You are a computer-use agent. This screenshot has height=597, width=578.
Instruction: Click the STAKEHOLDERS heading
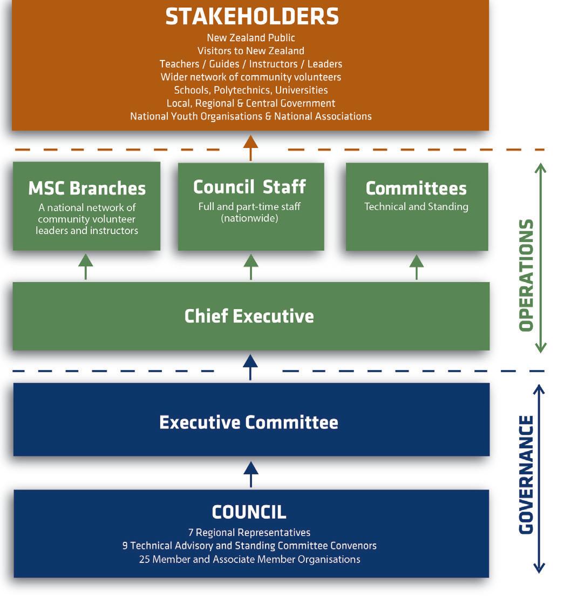point(251,17)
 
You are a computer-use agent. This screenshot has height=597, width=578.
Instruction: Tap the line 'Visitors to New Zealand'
point(251,51)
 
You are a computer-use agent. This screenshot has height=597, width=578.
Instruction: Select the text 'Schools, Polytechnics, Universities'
point(251,90)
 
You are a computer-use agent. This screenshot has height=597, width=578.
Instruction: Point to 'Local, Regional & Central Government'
point(251,103)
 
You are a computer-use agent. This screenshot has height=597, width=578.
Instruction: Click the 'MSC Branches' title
point(87,189)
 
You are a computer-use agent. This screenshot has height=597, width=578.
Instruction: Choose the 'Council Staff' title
point(250,187)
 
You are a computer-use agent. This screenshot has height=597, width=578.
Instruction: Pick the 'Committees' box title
point(416,189)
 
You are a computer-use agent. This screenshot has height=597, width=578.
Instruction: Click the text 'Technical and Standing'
point(416,207)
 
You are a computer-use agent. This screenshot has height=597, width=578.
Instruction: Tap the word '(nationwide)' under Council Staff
point(250,219)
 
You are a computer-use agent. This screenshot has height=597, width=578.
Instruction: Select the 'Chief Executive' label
point(249,316)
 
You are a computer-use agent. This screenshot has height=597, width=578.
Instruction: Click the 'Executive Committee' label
point(249,422)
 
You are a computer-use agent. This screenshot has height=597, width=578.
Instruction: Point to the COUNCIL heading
point(249,512)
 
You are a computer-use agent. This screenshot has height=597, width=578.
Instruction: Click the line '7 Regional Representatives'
point(249,533)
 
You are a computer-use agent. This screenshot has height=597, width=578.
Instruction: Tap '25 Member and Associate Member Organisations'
point(249,559)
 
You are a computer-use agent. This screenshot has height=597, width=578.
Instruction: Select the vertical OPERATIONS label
point(526,276)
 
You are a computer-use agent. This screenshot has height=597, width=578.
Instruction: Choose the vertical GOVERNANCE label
point(526,475)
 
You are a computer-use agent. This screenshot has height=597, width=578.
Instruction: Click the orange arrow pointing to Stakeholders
point(250,147)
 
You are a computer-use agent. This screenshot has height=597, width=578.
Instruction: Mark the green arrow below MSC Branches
point(86,266)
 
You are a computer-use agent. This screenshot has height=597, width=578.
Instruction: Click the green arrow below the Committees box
point(416,266)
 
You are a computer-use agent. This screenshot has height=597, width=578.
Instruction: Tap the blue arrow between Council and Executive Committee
point(250,474)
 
